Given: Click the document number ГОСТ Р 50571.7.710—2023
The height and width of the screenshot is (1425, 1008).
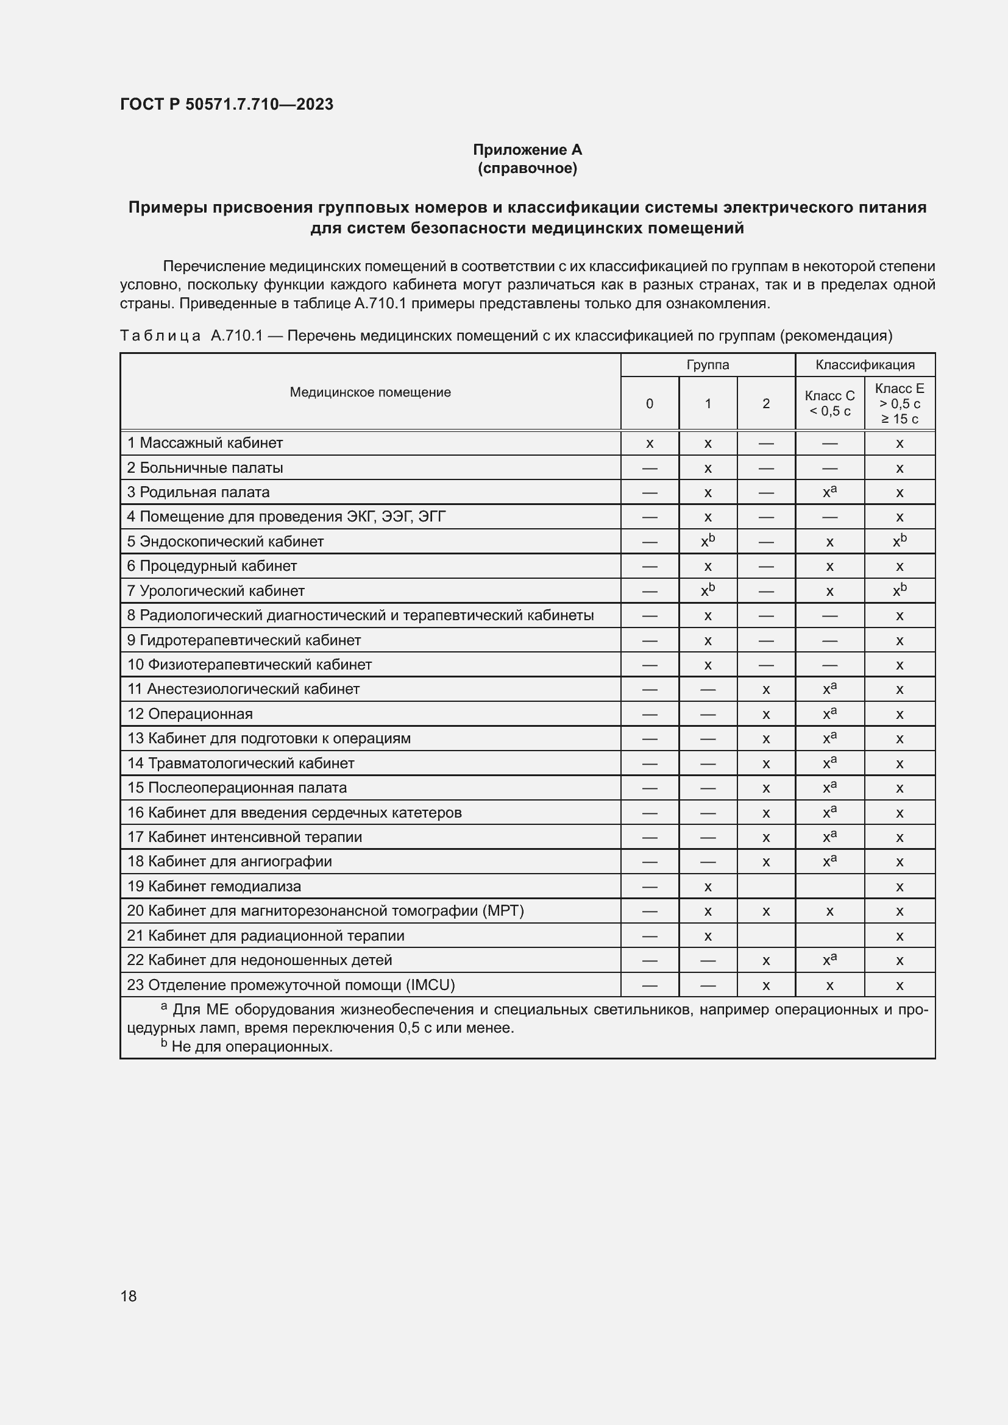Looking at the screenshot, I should click(227, 104).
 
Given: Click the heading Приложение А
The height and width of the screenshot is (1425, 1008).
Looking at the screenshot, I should click(527, 150).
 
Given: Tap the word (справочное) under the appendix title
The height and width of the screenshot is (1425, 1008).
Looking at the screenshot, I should click(527, 168).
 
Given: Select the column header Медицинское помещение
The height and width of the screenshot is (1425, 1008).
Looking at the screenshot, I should click(370, 392).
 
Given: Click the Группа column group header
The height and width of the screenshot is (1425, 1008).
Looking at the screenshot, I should click(708, 365).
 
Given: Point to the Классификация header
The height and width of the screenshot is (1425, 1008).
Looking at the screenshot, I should click(865, 365).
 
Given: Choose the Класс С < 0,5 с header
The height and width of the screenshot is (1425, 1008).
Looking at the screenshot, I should click(829, 403).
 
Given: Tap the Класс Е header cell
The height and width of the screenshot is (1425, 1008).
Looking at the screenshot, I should click(900, 403).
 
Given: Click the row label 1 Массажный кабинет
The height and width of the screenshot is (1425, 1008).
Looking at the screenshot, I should click(205, 443).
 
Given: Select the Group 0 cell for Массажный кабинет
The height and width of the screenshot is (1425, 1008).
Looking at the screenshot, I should click(649, 444).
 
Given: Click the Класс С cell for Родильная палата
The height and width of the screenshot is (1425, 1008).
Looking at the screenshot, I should click(829, 492).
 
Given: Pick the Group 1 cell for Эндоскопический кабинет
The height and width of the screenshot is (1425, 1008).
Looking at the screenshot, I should click(708, 541).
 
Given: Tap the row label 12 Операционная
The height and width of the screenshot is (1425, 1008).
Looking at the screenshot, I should click(191, 714).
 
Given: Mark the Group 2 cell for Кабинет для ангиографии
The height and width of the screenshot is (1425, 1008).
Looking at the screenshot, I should click(766, 862).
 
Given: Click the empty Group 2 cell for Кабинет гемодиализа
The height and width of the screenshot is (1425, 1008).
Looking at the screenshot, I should click(766, 886).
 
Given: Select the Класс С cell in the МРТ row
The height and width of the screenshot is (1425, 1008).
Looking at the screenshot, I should click(829, 911).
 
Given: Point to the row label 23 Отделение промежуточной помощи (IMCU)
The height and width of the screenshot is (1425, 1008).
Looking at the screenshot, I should click(291, 985).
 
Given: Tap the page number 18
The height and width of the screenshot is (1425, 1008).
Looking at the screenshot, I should click(129, 1296).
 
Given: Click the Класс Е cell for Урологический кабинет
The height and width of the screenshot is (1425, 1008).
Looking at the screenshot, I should click(900, 591).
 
